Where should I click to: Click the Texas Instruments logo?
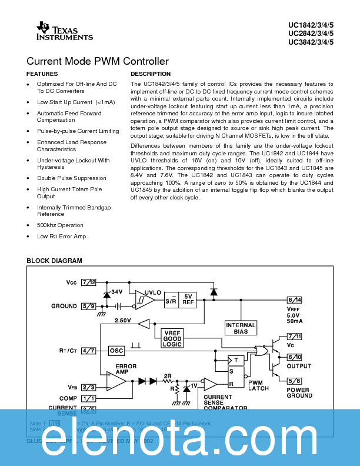[64, 31]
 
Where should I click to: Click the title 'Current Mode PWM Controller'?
[98, 61]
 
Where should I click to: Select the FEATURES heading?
[42, 74]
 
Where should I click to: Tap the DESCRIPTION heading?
[151, 74]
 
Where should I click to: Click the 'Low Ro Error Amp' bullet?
[61, 237]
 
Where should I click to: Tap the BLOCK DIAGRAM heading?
[54, 261]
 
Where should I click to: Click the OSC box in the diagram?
[117, 351]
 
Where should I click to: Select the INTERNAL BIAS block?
[241, 328]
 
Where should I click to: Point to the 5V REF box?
[188, 299]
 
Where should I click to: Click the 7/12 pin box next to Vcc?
[89, 282]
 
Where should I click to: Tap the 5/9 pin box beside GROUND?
[89, 306]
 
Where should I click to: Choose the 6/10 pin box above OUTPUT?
[295, 357]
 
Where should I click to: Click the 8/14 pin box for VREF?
[295, 300]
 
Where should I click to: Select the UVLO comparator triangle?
[144, 299]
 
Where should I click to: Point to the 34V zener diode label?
[117, 292]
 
